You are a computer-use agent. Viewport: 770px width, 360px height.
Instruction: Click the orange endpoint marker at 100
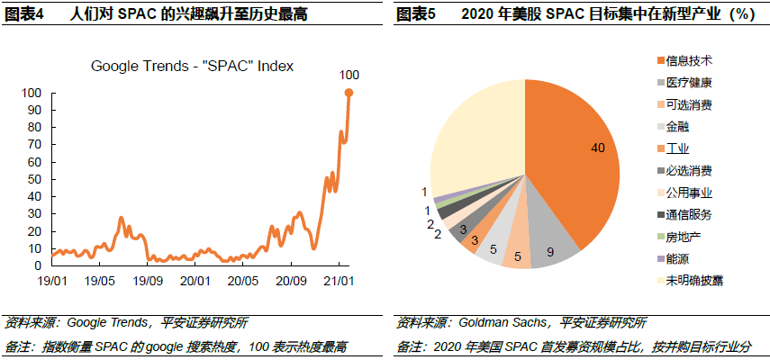349,93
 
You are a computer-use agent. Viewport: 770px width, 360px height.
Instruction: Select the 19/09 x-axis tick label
148,281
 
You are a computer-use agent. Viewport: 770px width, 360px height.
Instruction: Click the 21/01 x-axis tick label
339,281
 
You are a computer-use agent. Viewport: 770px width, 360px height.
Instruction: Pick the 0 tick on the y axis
38,265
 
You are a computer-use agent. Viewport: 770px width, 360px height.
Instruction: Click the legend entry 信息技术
689,61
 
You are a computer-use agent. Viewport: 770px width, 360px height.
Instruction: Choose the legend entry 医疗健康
689,83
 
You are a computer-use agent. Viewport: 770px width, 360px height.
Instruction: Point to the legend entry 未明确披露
693,281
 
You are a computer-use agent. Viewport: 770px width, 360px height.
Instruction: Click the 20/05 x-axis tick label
243,281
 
